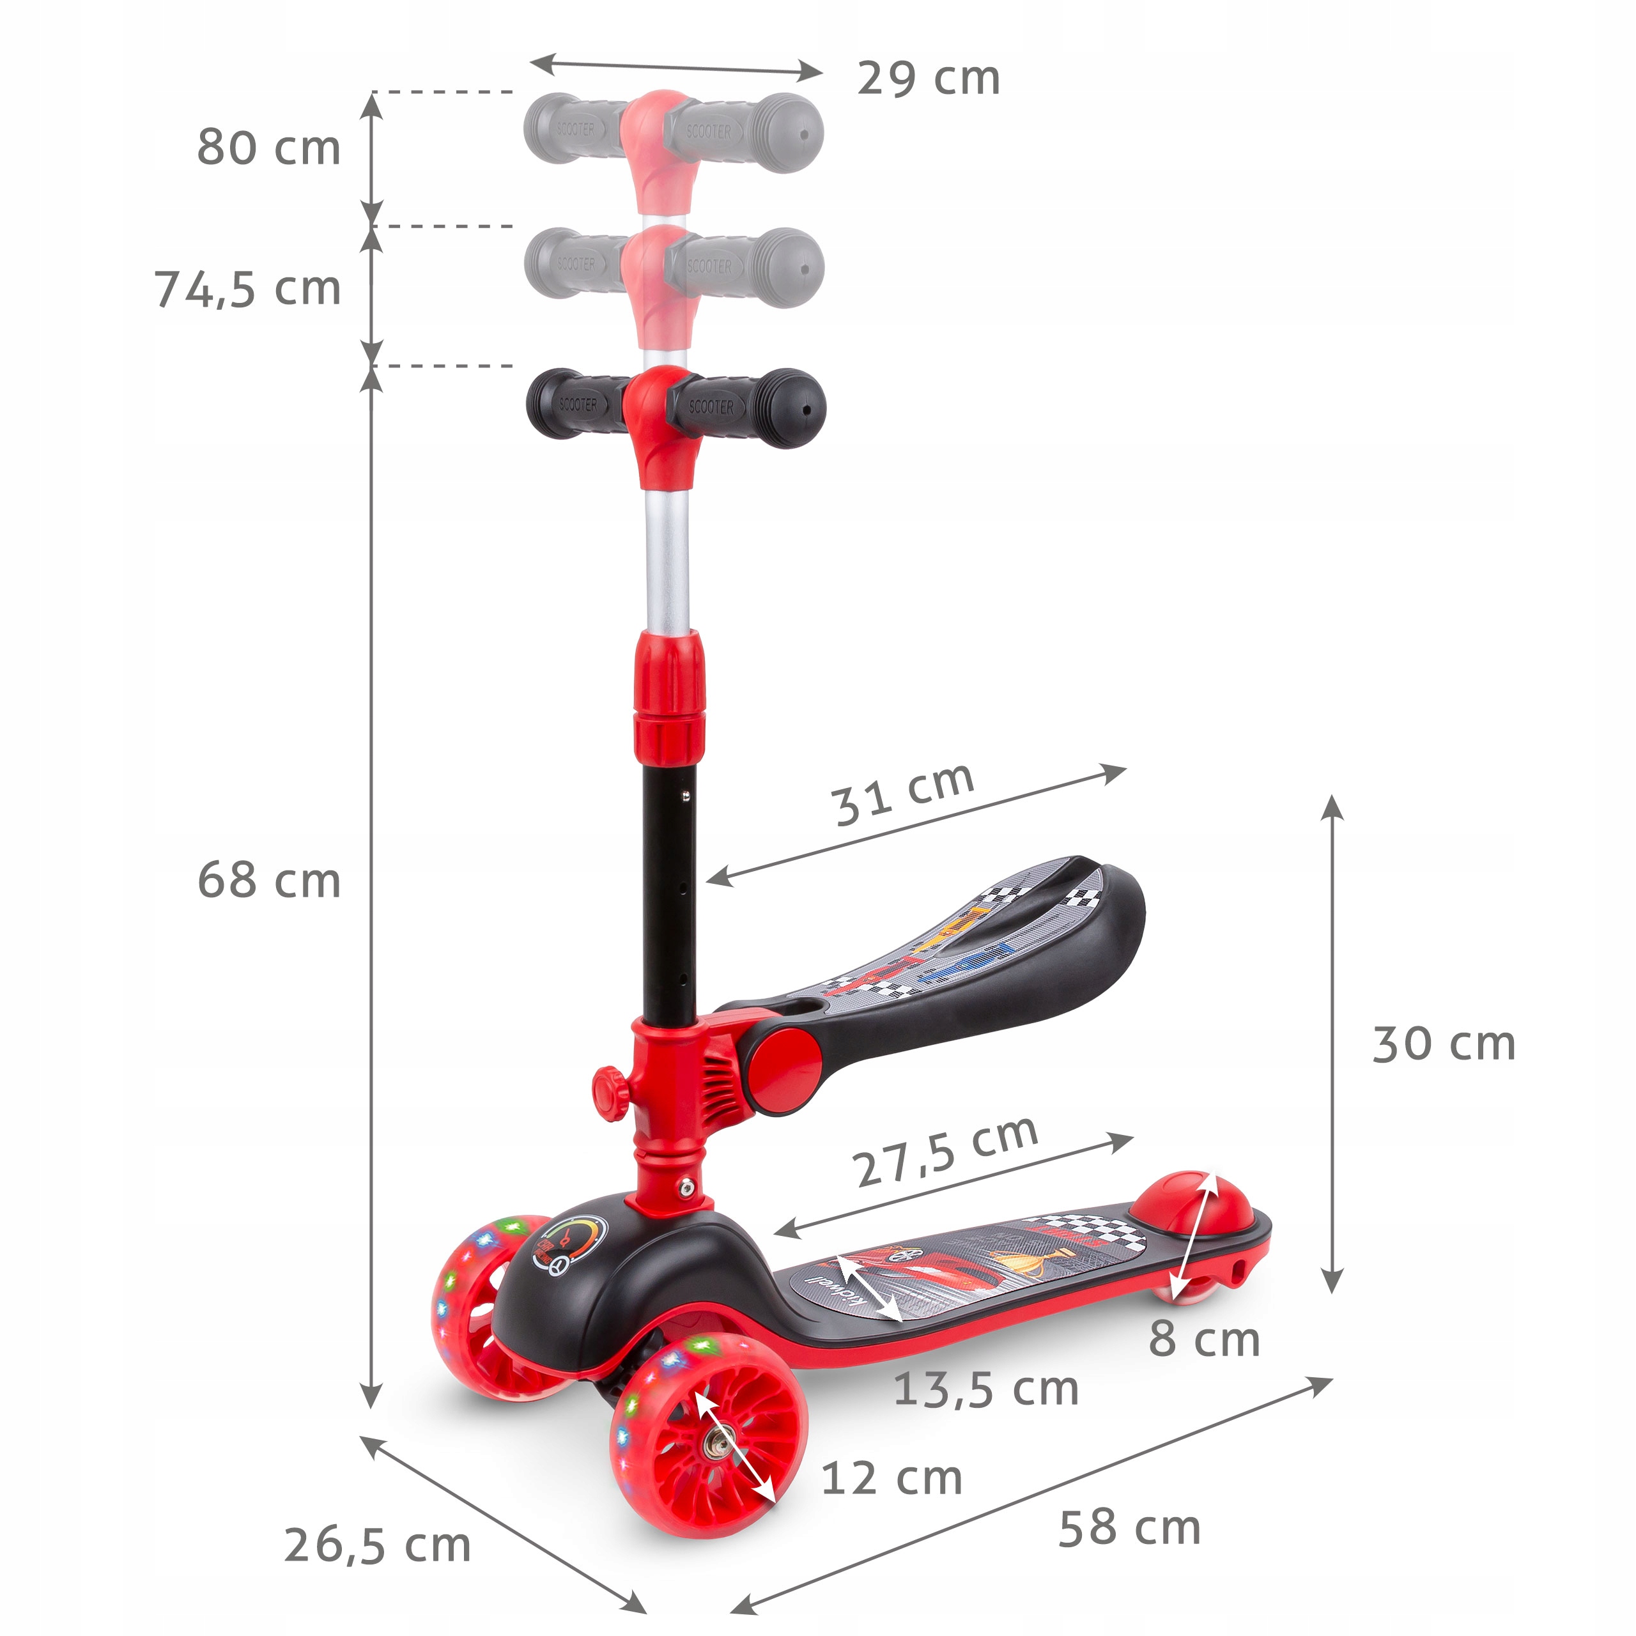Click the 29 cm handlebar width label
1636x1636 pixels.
point(928,79)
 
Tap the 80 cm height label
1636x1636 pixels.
point(268,148)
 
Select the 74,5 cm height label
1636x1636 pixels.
point(247,289)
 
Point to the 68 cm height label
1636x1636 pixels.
point(268,881)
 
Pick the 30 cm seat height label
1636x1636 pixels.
point(1443,1044)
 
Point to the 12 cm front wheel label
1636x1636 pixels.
point(891,1479)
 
